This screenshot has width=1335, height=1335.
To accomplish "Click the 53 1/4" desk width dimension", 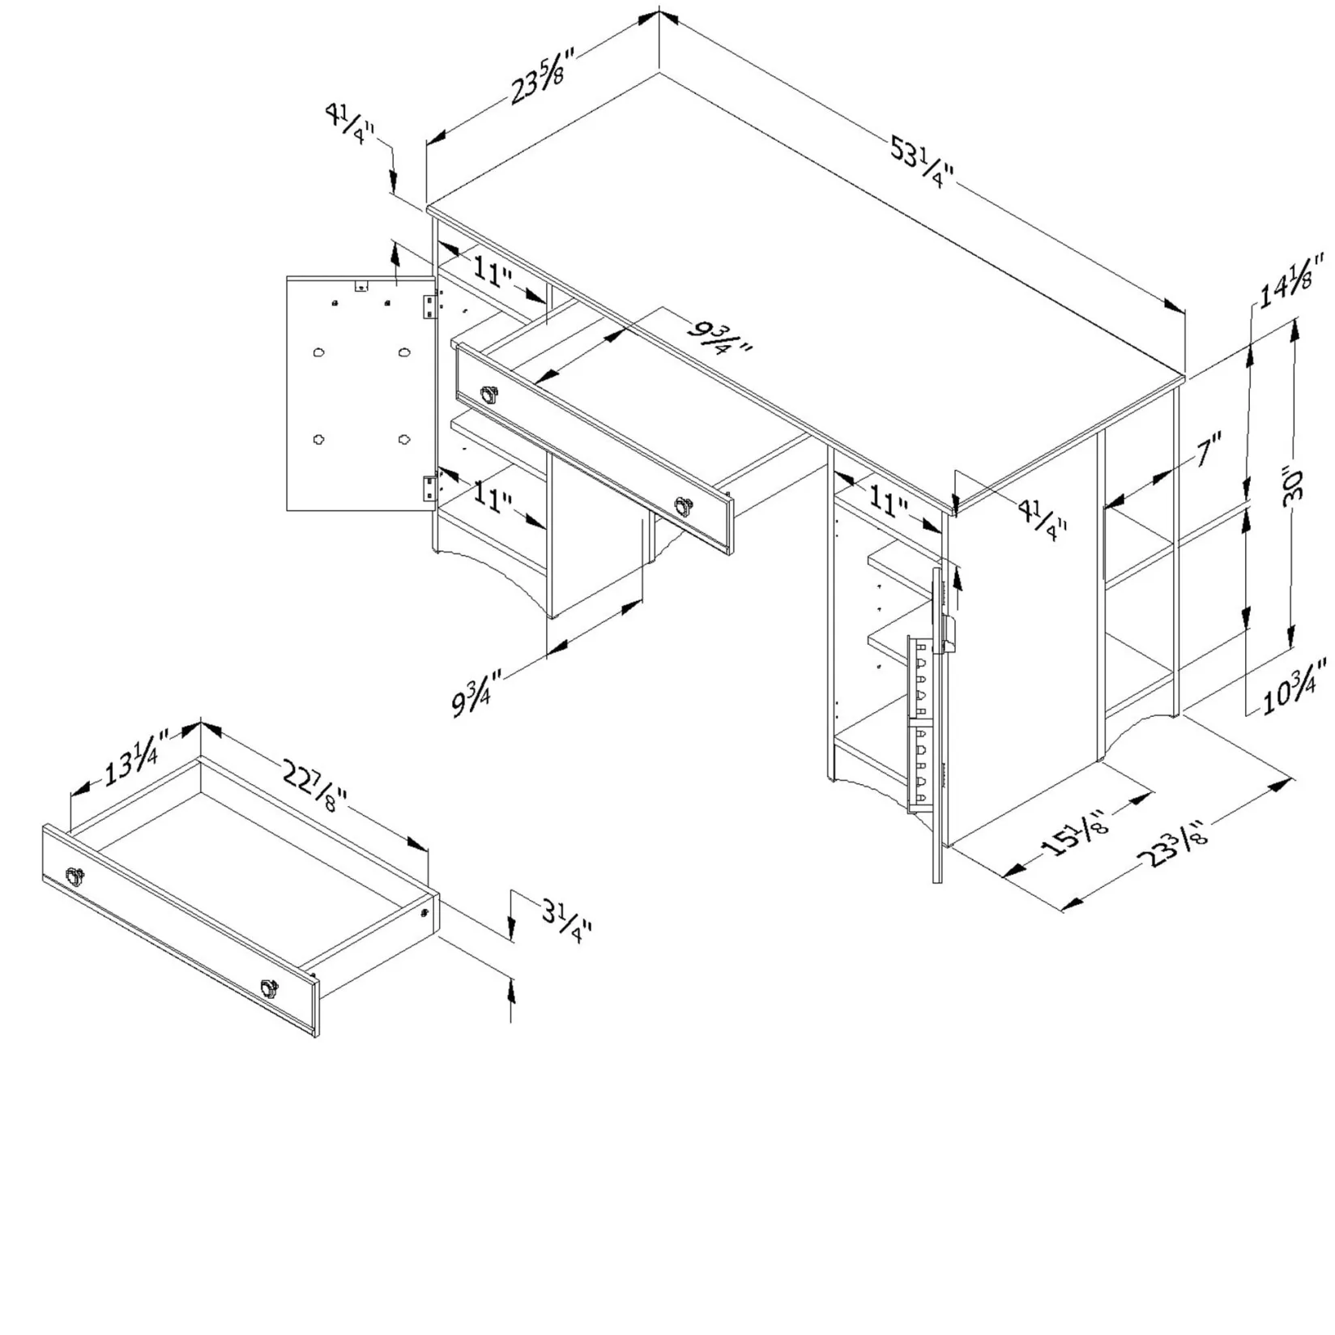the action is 922,161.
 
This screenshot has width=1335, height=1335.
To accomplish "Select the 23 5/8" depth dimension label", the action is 542,76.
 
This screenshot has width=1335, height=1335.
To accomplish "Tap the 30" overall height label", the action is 1293,486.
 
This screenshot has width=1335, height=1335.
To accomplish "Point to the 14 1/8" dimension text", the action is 1291,279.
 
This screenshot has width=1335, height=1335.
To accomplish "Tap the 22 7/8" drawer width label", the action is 315,786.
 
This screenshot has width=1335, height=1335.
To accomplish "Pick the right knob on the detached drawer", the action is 269,988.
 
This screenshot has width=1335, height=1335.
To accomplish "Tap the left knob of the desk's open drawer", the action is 490,395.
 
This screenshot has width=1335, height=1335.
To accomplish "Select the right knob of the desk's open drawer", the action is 685,507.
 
